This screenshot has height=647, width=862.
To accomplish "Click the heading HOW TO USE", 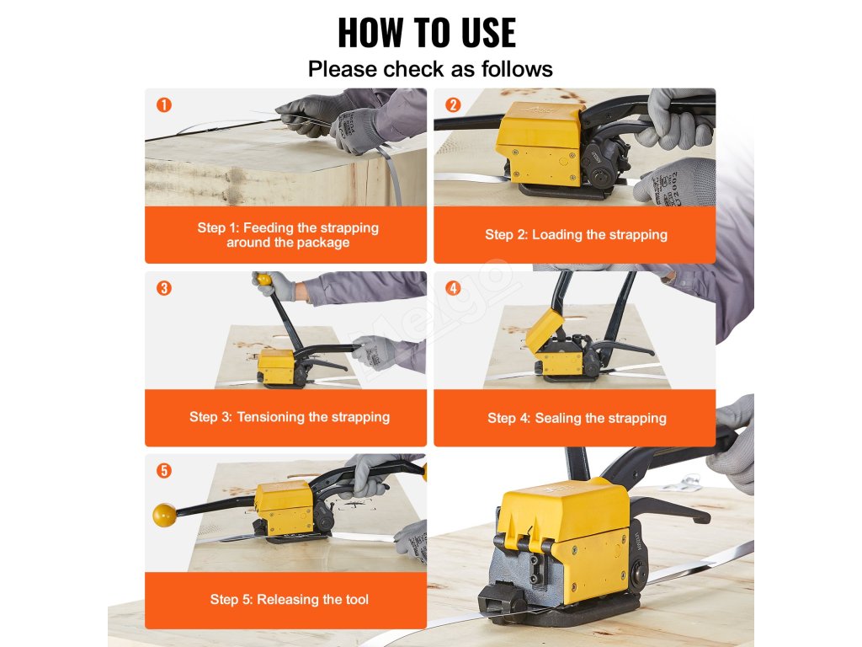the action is point(427,33).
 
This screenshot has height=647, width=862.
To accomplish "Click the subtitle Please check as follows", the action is point(430,69).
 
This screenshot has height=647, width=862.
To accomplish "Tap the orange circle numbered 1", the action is point(164,104).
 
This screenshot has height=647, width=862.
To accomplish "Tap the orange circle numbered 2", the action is point(453,104).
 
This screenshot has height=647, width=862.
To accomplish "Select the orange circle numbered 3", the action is point(164,288).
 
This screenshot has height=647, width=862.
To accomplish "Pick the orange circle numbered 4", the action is point(453,288).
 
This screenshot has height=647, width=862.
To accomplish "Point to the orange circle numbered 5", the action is point(164,470).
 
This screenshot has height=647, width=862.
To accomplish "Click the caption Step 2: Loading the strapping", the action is point(576,235).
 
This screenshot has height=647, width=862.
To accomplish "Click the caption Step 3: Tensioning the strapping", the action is point(290,417).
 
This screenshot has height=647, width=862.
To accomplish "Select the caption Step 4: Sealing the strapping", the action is point(577,418).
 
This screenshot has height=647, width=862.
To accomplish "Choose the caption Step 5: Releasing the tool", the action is point(290,599).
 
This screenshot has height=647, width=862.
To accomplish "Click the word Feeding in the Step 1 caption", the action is point(268,227).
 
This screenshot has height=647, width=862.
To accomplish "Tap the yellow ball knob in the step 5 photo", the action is point(165,515).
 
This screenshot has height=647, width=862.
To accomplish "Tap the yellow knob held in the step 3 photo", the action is point(263,280).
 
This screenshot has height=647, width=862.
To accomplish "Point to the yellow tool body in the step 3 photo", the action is point(277,366).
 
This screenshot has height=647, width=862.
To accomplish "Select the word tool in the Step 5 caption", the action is point(357,599).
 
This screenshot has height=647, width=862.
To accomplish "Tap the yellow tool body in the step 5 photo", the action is point(285,507).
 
